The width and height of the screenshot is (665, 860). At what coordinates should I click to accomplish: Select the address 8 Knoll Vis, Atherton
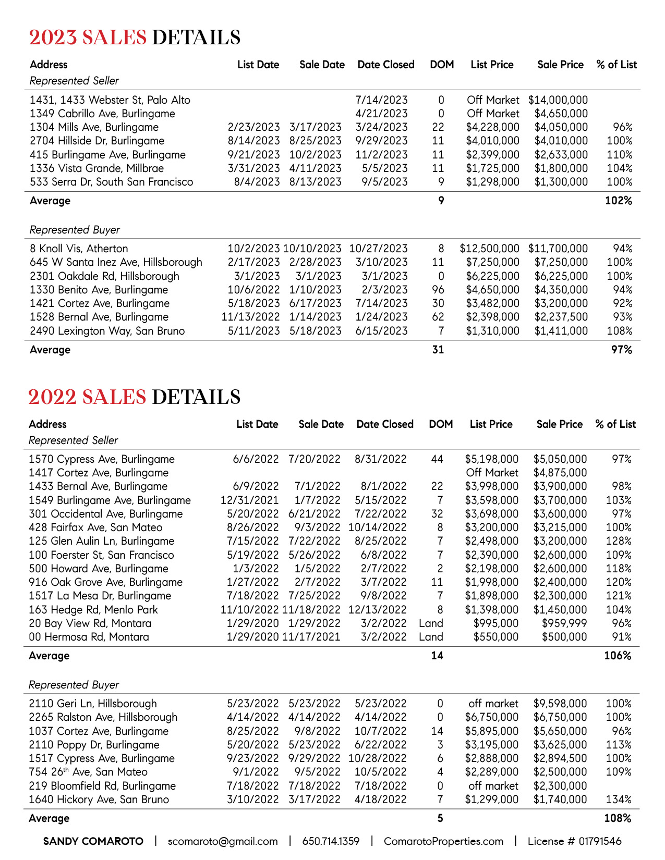click(79, 249)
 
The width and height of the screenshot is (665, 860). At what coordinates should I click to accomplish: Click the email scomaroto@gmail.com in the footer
click(223, 841)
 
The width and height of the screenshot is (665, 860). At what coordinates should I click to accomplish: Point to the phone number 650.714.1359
click(331, 841)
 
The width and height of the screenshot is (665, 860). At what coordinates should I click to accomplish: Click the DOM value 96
click(438, 290)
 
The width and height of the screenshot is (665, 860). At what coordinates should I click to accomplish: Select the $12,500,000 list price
click(489, 249)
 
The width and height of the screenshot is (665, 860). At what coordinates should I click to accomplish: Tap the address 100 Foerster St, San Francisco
click(101, 555)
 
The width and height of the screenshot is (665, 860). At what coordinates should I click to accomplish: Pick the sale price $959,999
click(564, 623)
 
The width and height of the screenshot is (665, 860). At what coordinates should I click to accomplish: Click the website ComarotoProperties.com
click(443, 841)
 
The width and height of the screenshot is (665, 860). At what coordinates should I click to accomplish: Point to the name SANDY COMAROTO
click(93, 841)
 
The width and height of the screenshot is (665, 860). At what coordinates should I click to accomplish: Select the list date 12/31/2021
click(250, 500)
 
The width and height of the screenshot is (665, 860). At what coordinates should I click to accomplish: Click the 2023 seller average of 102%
click(619, 201)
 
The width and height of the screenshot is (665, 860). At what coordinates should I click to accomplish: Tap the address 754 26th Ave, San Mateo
click(88, 772)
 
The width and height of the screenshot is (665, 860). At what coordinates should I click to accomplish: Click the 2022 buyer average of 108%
click(618, 818)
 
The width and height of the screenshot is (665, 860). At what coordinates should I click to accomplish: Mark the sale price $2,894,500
click(560, 758)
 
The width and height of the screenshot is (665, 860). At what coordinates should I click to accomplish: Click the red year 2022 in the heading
click(52, 397)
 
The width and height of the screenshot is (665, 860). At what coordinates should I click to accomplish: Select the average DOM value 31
click(438, 350)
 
